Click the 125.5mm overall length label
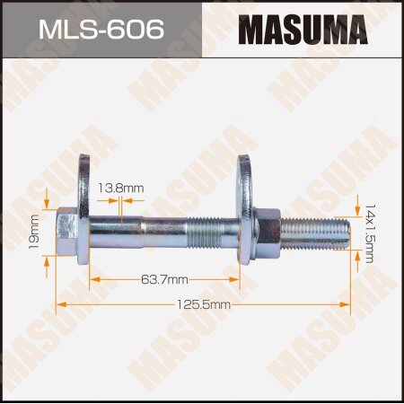[x=204, y=305]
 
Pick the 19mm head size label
[x=34, y=232]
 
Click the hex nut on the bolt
[x=268, y=233]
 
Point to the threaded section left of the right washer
[x=215, y=233]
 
